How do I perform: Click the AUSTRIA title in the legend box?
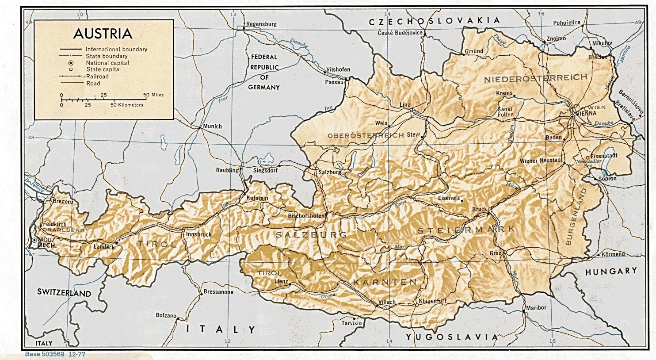(x=103, y=34)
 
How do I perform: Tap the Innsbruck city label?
(x=199, y=234)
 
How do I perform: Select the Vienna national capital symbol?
(x=572, y=116)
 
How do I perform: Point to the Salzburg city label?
(x=330, y=172)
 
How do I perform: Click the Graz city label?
(x=495, y=253)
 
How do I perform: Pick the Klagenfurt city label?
(x=433, y=301)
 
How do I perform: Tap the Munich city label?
(x=212, y=126)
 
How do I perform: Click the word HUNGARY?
(x=611, y=271)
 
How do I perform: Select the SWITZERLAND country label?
(x=64, y=293)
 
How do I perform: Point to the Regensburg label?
(x=261, y=24)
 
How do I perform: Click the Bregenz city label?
(x=63, y=202)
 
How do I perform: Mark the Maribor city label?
(x=536, y=307)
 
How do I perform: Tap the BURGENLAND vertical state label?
(x=575, y=217)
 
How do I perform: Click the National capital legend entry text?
(x=107, y=63)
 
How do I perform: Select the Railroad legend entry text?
(x=97, y=77)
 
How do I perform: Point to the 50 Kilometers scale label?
(x=127, y=105)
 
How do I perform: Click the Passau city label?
(x=334, y=82)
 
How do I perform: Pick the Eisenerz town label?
(x=449, y=198)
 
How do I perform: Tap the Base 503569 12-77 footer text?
(x=55, y=354)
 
